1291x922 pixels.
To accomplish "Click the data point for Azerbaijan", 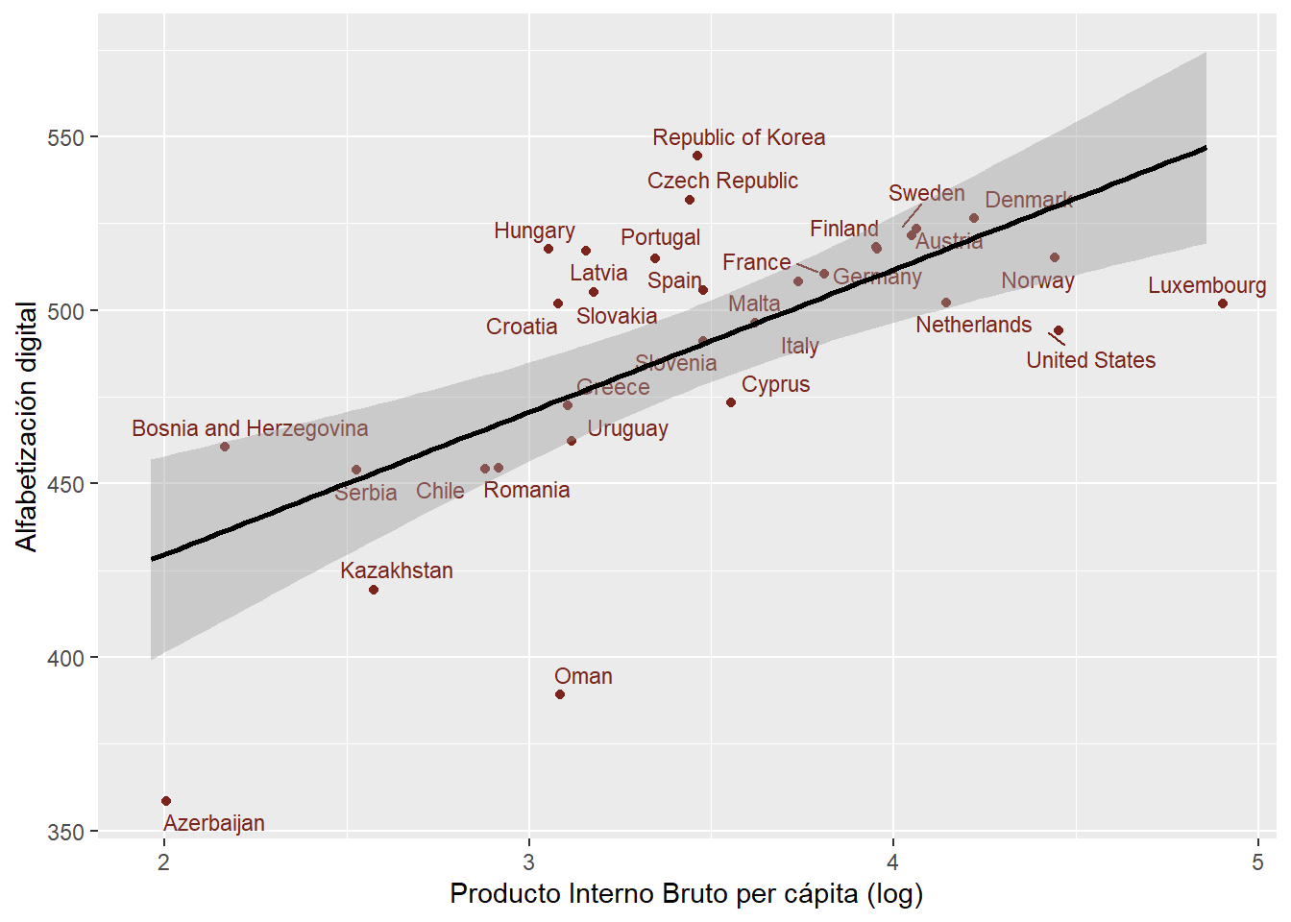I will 166,801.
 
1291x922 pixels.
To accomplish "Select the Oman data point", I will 560,694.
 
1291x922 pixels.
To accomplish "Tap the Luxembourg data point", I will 1223,303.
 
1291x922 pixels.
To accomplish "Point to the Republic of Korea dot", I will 697,156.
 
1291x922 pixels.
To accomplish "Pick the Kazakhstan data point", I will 374,590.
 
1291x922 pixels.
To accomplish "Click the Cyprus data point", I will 731,402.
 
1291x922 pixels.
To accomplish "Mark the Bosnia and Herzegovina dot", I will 225,447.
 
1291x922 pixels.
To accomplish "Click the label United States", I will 1090,360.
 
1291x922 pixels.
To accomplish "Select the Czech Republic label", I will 722,181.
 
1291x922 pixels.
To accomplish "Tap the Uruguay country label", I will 627,428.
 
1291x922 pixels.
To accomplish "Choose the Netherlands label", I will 973,325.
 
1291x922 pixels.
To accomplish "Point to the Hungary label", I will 534,230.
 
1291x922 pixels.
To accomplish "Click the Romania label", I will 526,490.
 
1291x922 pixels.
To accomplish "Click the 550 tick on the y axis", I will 65,137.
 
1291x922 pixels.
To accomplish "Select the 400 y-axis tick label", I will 65,658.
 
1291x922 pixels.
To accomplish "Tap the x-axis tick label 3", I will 528,861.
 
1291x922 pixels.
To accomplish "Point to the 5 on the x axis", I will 1257,861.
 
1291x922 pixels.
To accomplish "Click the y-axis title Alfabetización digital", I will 27,426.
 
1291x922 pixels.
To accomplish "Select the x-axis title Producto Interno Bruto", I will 686,894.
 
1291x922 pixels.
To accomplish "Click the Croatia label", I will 522,327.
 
